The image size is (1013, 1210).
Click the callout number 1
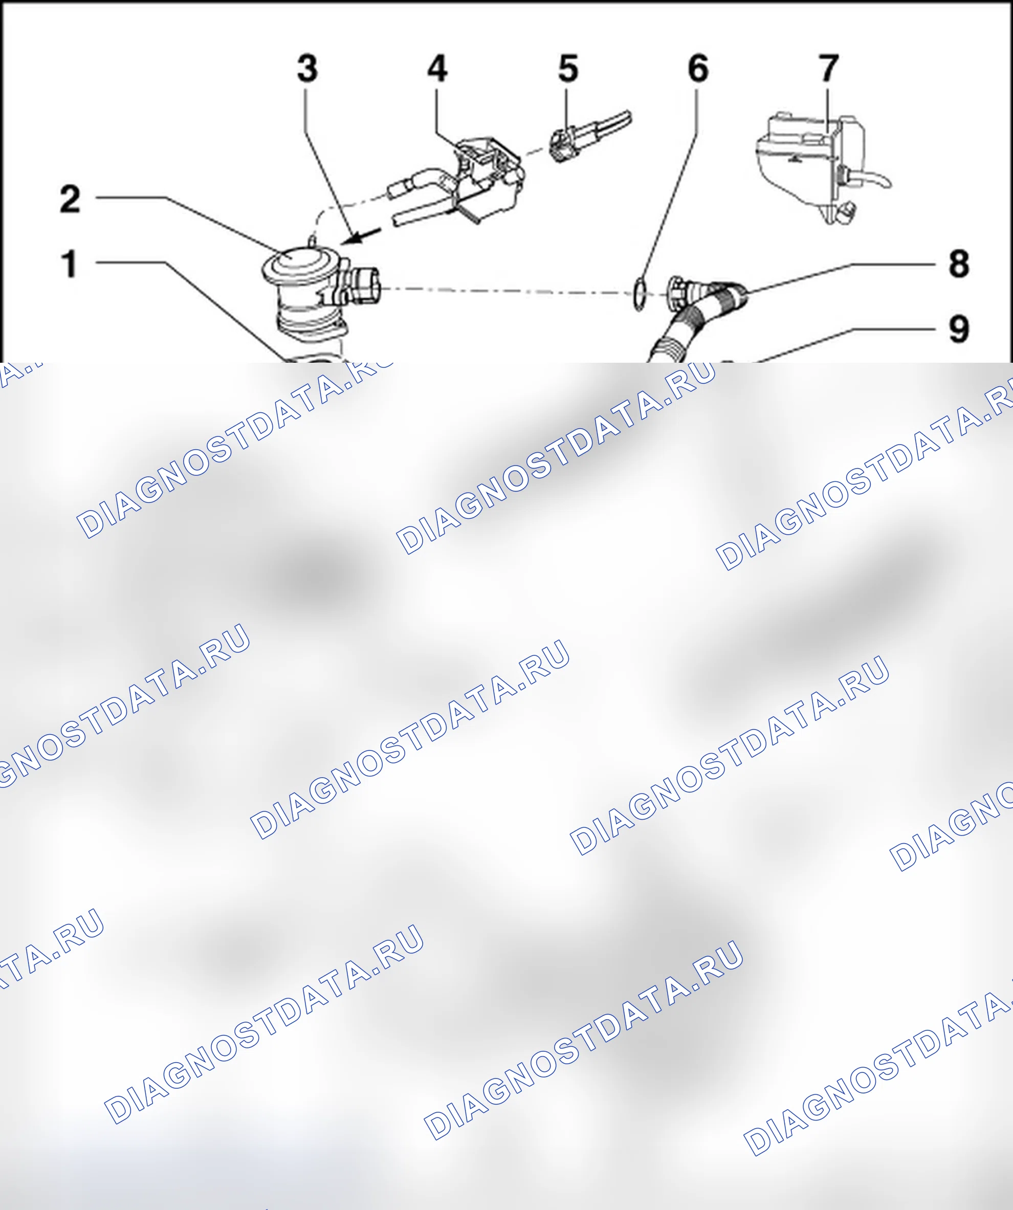click(70, 264)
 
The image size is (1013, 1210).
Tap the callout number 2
click(70, 199)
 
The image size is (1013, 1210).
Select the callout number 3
click(307, 68)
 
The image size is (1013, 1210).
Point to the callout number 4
click(437, 68)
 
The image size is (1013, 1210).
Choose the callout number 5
click(568, 68)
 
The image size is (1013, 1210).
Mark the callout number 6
click(698, 68)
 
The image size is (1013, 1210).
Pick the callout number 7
click(829, 68)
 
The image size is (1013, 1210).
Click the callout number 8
click(959, 264)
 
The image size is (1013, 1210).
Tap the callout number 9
click(959, 329)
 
